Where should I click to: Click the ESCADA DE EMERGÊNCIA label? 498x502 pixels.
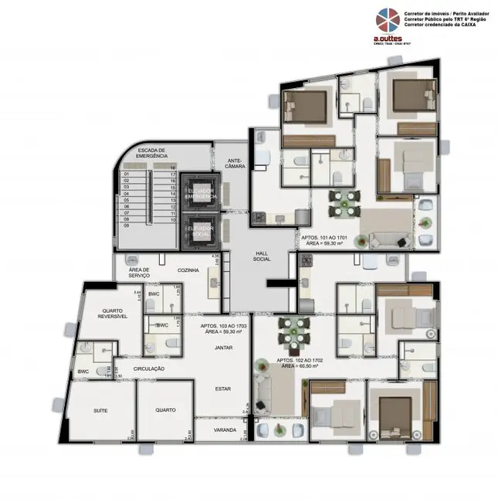(x=151, y=153)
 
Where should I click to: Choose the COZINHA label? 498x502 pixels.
(x=188, y=270)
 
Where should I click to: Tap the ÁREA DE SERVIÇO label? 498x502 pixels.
(x=139, y=273)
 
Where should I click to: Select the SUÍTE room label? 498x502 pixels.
(x=100, y=410)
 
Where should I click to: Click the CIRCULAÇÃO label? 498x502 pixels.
(x=149, y=369)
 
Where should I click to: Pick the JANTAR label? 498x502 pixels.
(x=223, y=348)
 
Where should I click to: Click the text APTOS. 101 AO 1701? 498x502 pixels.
(x=320, y=236)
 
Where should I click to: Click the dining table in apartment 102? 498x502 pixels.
(x=293, y=332)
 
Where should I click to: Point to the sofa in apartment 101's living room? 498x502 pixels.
(x=383, y=237)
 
